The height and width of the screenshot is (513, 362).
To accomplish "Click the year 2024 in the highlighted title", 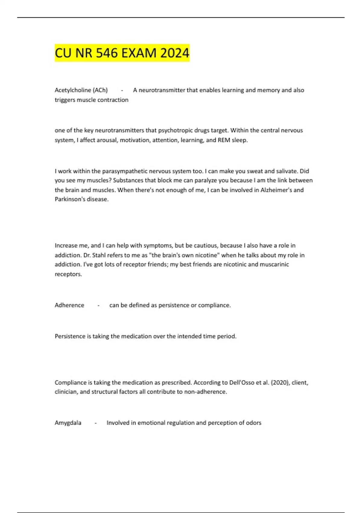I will [x=175, y=53].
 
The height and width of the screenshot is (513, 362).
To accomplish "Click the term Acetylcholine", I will [x=73, y=90].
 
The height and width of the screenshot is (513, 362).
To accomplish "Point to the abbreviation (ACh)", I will [x=100, y=90].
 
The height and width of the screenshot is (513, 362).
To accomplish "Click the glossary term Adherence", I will [x=69, y=305].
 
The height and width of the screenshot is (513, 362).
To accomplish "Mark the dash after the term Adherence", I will [x=99, y=305].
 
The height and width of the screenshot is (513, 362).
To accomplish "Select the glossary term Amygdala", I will [x=68, y=423].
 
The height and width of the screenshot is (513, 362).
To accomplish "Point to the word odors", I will [x=253, y=423].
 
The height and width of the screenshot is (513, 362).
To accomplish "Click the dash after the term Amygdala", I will [x=96, y=423].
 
